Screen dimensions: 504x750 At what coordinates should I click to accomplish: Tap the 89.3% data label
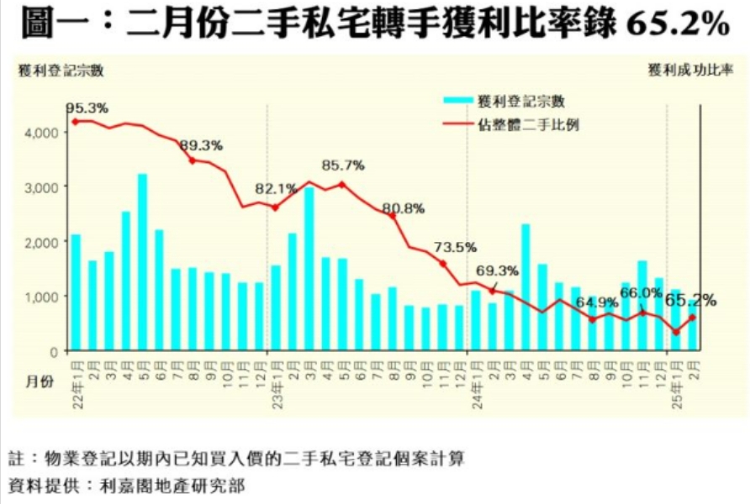tap(201, 145)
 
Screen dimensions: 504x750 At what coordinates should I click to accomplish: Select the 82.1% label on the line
tap(275, 188)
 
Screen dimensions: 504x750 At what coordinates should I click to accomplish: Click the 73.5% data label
tap(456, 247)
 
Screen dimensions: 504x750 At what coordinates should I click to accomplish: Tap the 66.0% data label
tap(641, 292)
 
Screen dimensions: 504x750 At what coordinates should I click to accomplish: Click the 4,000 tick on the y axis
tap(41, 133)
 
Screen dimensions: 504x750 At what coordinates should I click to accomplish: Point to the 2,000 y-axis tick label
tap(41, 242)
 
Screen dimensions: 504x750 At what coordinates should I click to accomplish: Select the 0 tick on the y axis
tap(52, 351)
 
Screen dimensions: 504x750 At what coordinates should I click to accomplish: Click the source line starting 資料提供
tap(126, 486)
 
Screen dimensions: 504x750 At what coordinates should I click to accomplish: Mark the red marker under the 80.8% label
tap(393, 216)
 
